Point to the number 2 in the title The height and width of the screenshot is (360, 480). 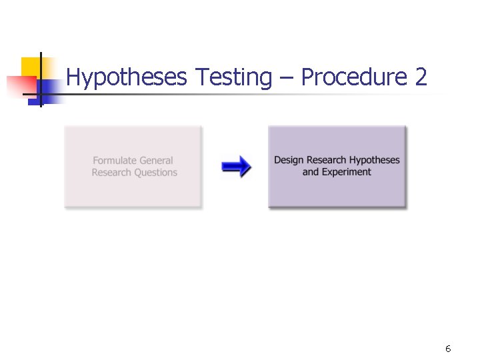[420, 77]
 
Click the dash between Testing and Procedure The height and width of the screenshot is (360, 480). [287, 79]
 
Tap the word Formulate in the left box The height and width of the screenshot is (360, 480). [114, 161]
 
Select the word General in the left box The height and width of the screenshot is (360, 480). [156, 161]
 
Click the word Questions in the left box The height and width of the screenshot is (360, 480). [155, 173]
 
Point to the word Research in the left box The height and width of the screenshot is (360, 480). [111, 173]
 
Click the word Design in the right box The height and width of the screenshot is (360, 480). [288, 160]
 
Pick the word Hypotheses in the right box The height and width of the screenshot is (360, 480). [375, 161]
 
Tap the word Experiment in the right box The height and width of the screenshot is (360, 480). [346, 172]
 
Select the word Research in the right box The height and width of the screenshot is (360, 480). [327, 160]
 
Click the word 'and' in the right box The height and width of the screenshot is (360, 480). [310, 172]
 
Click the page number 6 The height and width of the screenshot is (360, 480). [448, 349]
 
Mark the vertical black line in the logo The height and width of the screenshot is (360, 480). [40, 79]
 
